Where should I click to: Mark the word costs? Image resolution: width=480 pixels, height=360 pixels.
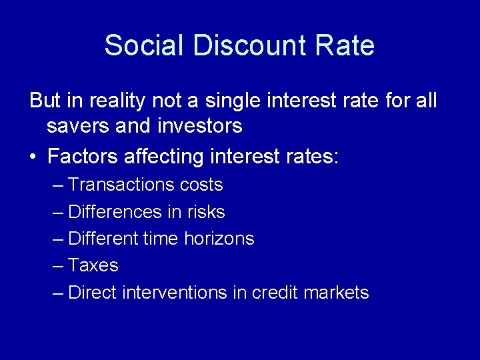pos(201,185)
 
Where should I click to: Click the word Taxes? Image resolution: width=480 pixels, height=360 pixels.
pos(93,265)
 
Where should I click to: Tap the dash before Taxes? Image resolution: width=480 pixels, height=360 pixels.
pos(58,265)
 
